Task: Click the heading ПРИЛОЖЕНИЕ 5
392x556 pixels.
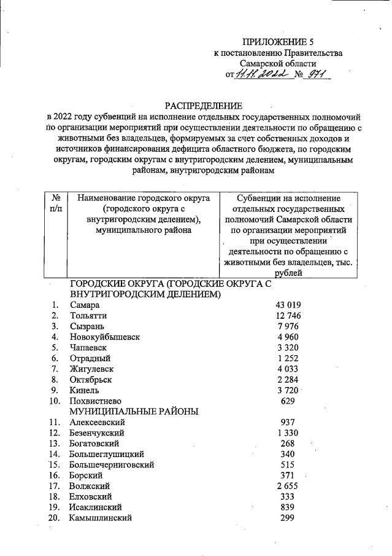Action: tap(278, 42)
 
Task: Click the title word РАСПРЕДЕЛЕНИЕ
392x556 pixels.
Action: tap(203, 106)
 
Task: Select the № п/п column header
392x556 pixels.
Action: tap(56, 203)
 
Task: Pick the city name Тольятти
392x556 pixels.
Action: tap(88, 316)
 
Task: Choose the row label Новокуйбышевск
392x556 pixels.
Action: tap(105, 337)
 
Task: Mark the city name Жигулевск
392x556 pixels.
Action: tap(91, 369)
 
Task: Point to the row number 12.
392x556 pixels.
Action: tap(55, 433)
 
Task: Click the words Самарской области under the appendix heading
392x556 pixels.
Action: tap(278, 63)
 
